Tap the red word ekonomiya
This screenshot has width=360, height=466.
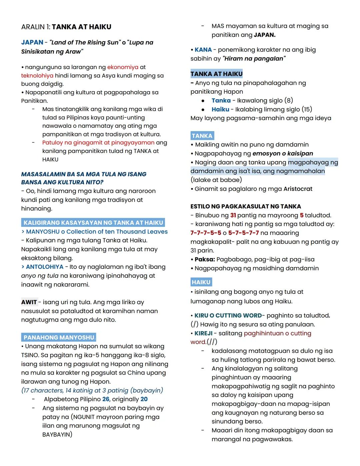[123, 67]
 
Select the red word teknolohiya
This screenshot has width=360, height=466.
[37, 76]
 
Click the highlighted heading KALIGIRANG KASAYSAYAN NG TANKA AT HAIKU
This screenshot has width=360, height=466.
[93, 222]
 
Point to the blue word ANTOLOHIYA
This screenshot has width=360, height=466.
[45, 267]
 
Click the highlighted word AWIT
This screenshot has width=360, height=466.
[29, 302]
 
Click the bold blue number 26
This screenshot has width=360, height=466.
[106, 399]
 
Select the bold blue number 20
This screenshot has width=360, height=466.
[144, 399]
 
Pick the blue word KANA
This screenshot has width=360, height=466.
[203, 50]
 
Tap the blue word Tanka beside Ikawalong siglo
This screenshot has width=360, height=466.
[221, 100]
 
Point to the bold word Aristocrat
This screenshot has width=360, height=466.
[298, 189]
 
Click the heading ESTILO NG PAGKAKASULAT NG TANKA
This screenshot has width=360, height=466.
[246, 206]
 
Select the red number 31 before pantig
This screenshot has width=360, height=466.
[233, 215]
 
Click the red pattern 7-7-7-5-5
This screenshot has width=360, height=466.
[206, 233]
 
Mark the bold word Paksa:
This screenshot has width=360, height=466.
[205, 260]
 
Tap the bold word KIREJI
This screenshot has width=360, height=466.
[203, 333]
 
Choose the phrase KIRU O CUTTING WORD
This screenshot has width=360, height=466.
[228, 316]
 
